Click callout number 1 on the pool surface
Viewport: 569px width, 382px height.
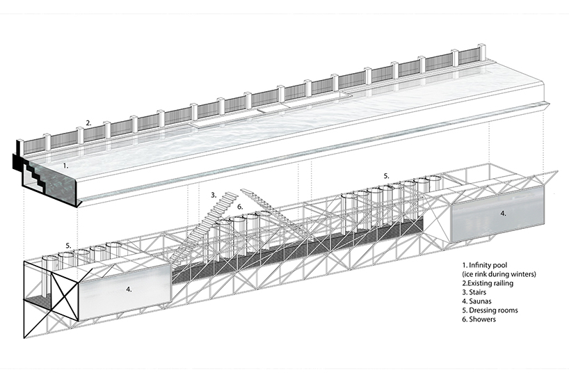[x=65, y=166]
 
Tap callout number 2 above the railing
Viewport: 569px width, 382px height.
[x=88, y=123]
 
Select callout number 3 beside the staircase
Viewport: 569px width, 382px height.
[x=214, y=195]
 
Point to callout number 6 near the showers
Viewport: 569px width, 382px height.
[x=240, y=207]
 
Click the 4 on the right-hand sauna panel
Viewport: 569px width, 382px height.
[x=503, y=214]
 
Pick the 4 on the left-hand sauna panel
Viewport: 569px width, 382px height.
[x=129, y=289]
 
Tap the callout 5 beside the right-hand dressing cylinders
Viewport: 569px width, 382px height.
[x=386, y=176]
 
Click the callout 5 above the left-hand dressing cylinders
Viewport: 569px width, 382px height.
[x=68, y=246]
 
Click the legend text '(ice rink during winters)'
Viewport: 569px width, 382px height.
[x=499, y=274]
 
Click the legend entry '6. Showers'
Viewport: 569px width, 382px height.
[x=479, y=319]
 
